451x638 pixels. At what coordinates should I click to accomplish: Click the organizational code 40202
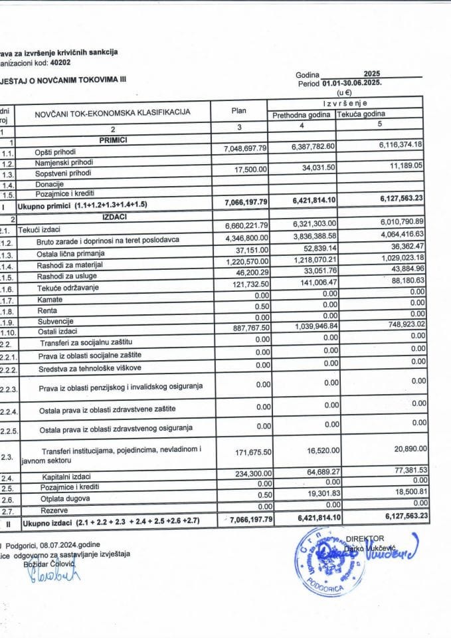point(58,62)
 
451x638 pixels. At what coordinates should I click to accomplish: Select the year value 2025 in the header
point(373,74)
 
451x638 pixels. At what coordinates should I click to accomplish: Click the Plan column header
point(238,111)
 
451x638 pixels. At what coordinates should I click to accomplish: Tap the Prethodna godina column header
point(300,114)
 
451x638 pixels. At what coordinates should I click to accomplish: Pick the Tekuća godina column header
point(361,114)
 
